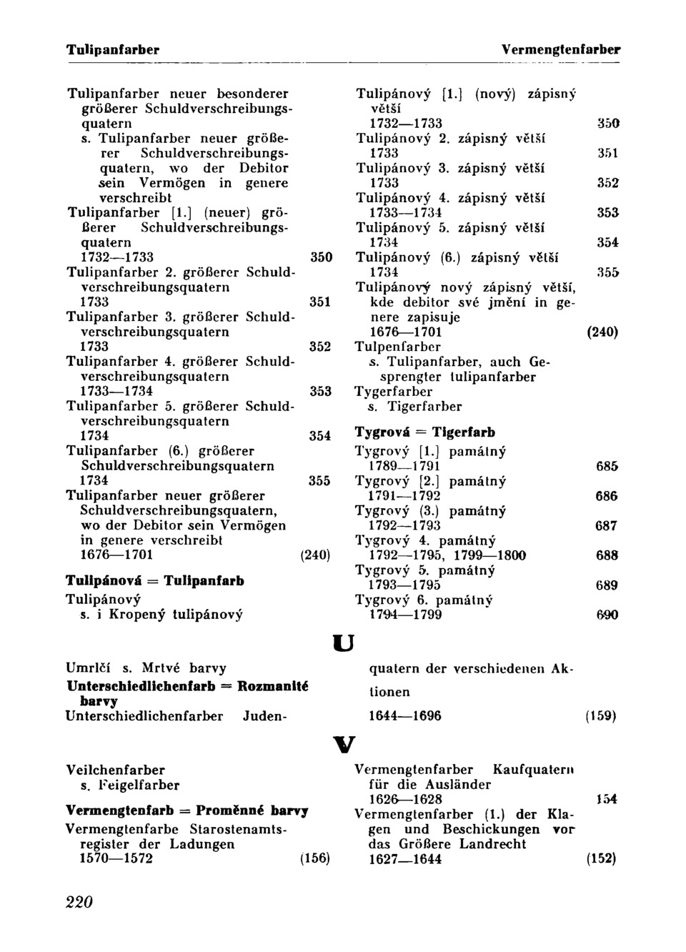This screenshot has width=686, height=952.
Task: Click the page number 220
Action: pyautogui.click(x=79, y=902)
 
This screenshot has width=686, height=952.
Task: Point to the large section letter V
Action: pyautogui.click(x=343, y=745)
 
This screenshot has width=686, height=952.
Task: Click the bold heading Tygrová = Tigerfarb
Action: pyautogui.click(x=425, y=432)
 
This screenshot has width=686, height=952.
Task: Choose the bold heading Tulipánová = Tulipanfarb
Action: pyautogui.click(x=155, y=581)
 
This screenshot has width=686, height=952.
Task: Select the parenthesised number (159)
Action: pyautogui.click(x=600, y=716)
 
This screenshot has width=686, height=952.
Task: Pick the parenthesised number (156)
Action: pyautogui.click(x=315, y=858)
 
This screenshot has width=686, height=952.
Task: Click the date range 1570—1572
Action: pyautogui.click(x=116, y=858)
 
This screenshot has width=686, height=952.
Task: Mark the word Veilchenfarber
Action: pyautogui.click(x=115, y=770)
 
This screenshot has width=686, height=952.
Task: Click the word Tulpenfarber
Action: pyautogui.click(x=398, y=347)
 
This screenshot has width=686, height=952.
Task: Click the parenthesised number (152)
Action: pyautogui.click(x=602, y=859)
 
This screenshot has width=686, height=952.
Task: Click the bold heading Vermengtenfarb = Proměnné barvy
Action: pyautogui.click(x=187, y=811)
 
